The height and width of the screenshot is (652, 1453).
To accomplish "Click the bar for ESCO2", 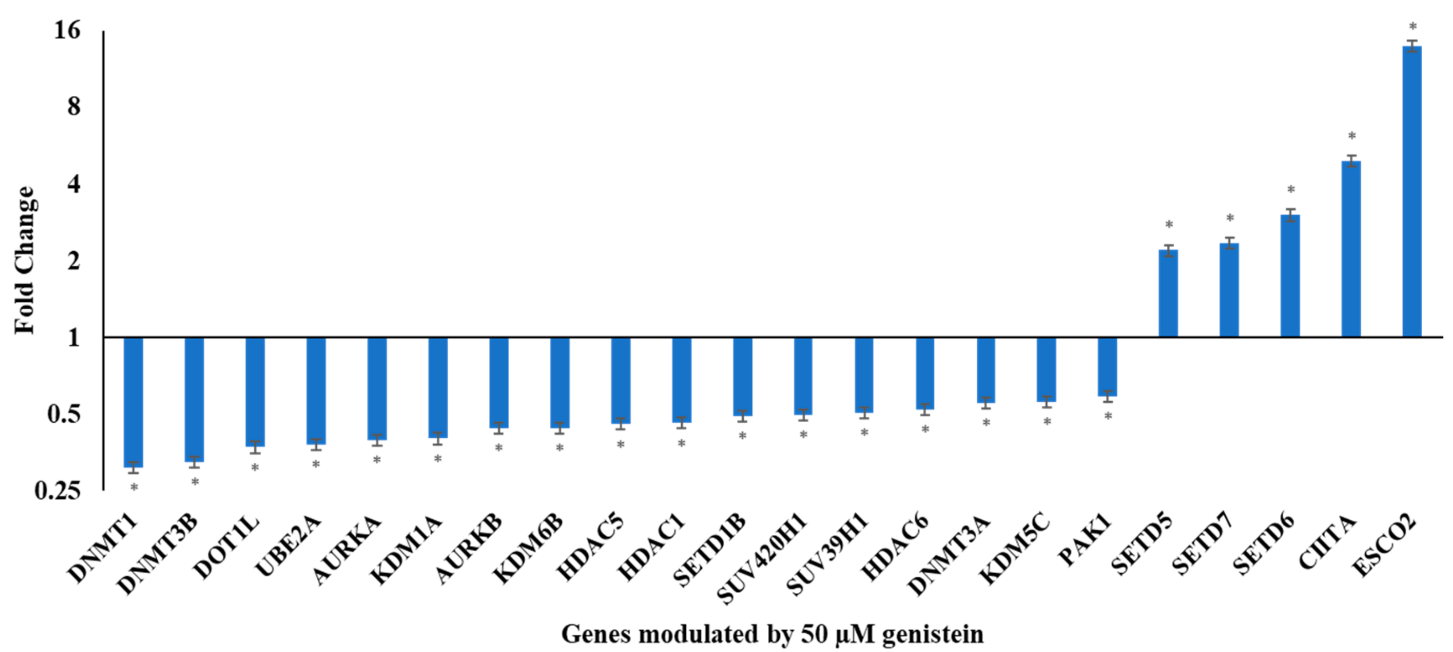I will (x=1412, y=192).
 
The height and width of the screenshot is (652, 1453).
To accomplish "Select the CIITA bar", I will (x=1351, y=248).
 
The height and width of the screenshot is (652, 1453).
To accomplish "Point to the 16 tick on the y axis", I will (x=67, y=30).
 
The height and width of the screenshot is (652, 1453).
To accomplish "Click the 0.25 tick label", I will (x=57, y=491).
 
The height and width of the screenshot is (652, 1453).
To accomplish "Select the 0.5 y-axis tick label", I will (x=63, y=414).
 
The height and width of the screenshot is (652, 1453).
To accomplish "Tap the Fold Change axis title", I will (x=24, y=260).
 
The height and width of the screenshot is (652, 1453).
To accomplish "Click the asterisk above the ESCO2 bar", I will (x=1413, y=27).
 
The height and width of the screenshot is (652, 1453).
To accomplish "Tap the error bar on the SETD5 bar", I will (x=1168, y=250).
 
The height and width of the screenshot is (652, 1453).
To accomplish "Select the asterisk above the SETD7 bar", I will (x=1230, y=218).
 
